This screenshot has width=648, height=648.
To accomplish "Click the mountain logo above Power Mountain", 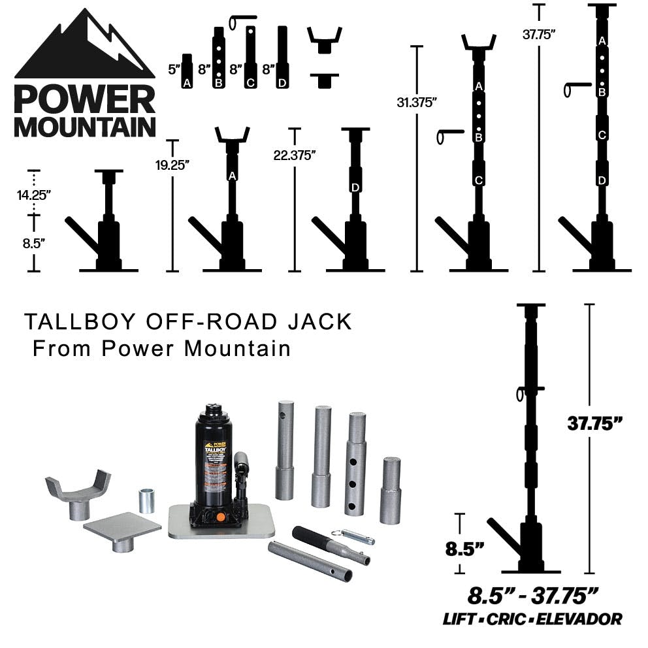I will click(84, 46).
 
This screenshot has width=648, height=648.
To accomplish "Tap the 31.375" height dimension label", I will click(415, 102).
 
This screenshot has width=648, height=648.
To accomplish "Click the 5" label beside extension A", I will click(173, 68).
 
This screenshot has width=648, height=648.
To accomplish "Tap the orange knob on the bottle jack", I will click(220, 517).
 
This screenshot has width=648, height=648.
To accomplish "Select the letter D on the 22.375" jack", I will click(355, 187).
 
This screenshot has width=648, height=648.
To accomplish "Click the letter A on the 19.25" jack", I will click(232, 175).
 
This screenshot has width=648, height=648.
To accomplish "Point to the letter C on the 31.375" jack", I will click(478, 180).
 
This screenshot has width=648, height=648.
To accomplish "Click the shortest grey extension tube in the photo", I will click(390, 490).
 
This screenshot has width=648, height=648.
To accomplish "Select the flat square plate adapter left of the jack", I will click(122, 528).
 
